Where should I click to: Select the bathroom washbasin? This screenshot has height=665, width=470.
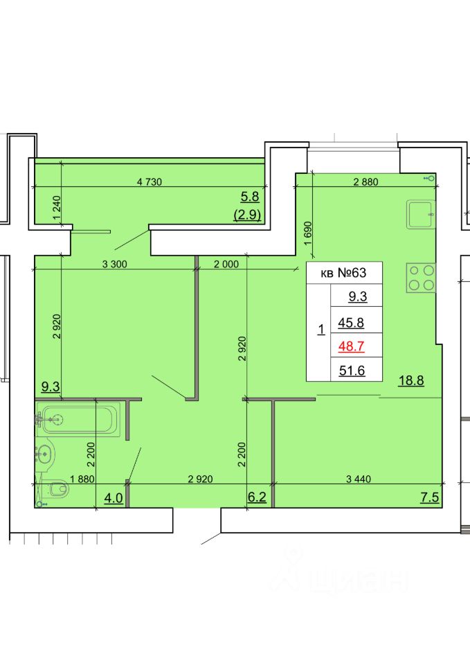[x=44, y=454]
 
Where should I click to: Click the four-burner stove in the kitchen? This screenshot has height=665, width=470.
[x=421, y=277]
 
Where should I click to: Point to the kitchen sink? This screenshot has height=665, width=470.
[x=421, y=215]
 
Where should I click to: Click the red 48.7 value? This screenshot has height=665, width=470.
[x=351, y=346]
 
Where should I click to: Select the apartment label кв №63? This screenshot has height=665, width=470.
[x=343, y=272]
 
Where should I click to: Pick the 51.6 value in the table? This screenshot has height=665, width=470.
[x=352, y=370]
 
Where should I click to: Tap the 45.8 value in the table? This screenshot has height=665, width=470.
[x=351, y=323]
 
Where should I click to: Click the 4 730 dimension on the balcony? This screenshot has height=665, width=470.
[x=150, y=182]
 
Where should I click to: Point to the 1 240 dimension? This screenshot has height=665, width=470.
[x=57, y=207]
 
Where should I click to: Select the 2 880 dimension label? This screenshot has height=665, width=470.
[x=365, y=182]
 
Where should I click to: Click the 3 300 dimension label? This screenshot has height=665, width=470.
[x=114, y=264]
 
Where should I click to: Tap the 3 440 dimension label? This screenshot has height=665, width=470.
[x=358, y=479]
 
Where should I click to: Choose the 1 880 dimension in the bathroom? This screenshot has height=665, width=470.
[x=82, y=479]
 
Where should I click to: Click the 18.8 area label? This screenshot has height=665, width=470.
[x=411, y=380]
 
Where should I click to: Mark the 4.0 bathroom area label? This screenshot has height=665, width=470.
[x=114, y=497]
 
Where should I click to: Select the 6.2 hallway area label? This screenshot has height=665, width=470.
[x=257, y=497]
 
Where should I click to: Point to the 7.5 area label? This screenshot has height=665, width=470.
[x=430, y=497]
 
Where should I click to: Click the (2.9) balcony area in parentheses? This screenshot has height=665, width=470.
[x=247, y=215]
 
